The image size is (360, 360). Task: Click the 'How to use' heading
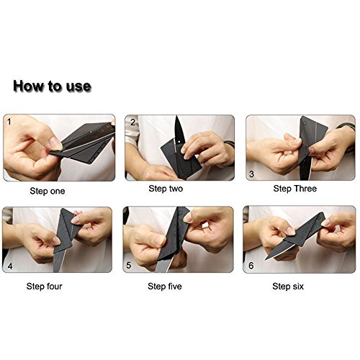[x=52, y=86]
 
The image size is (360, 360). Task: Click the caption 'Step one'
[x=48, y=191]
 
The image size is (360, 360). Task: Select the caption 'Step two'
[x=166, y=189]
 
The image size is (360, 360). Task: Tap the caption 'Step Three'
[x=294, y=189]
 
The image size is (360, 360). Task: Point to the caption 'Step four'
[x=44, y=286]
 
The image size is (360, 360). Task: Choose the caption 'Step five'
[x=165, y=286]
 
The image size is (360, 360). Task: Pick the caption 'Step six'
[x=288, y=286]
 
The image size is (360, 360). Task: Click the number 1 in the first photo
[x=9, y=122]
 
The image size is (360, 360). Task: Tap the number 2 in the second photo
[x=132, y=122]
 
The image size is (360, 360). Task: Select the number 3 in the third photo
[x=251, y=174]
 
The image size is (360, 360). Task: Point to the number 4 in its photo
[x=10, y=266]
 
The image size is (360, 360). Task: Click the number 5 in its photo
[x=129, y=265]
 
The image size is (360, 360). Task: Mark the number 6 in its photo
[x=251, y=266]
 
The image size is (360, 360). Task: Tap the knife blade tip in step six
[x=266, y=259]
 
